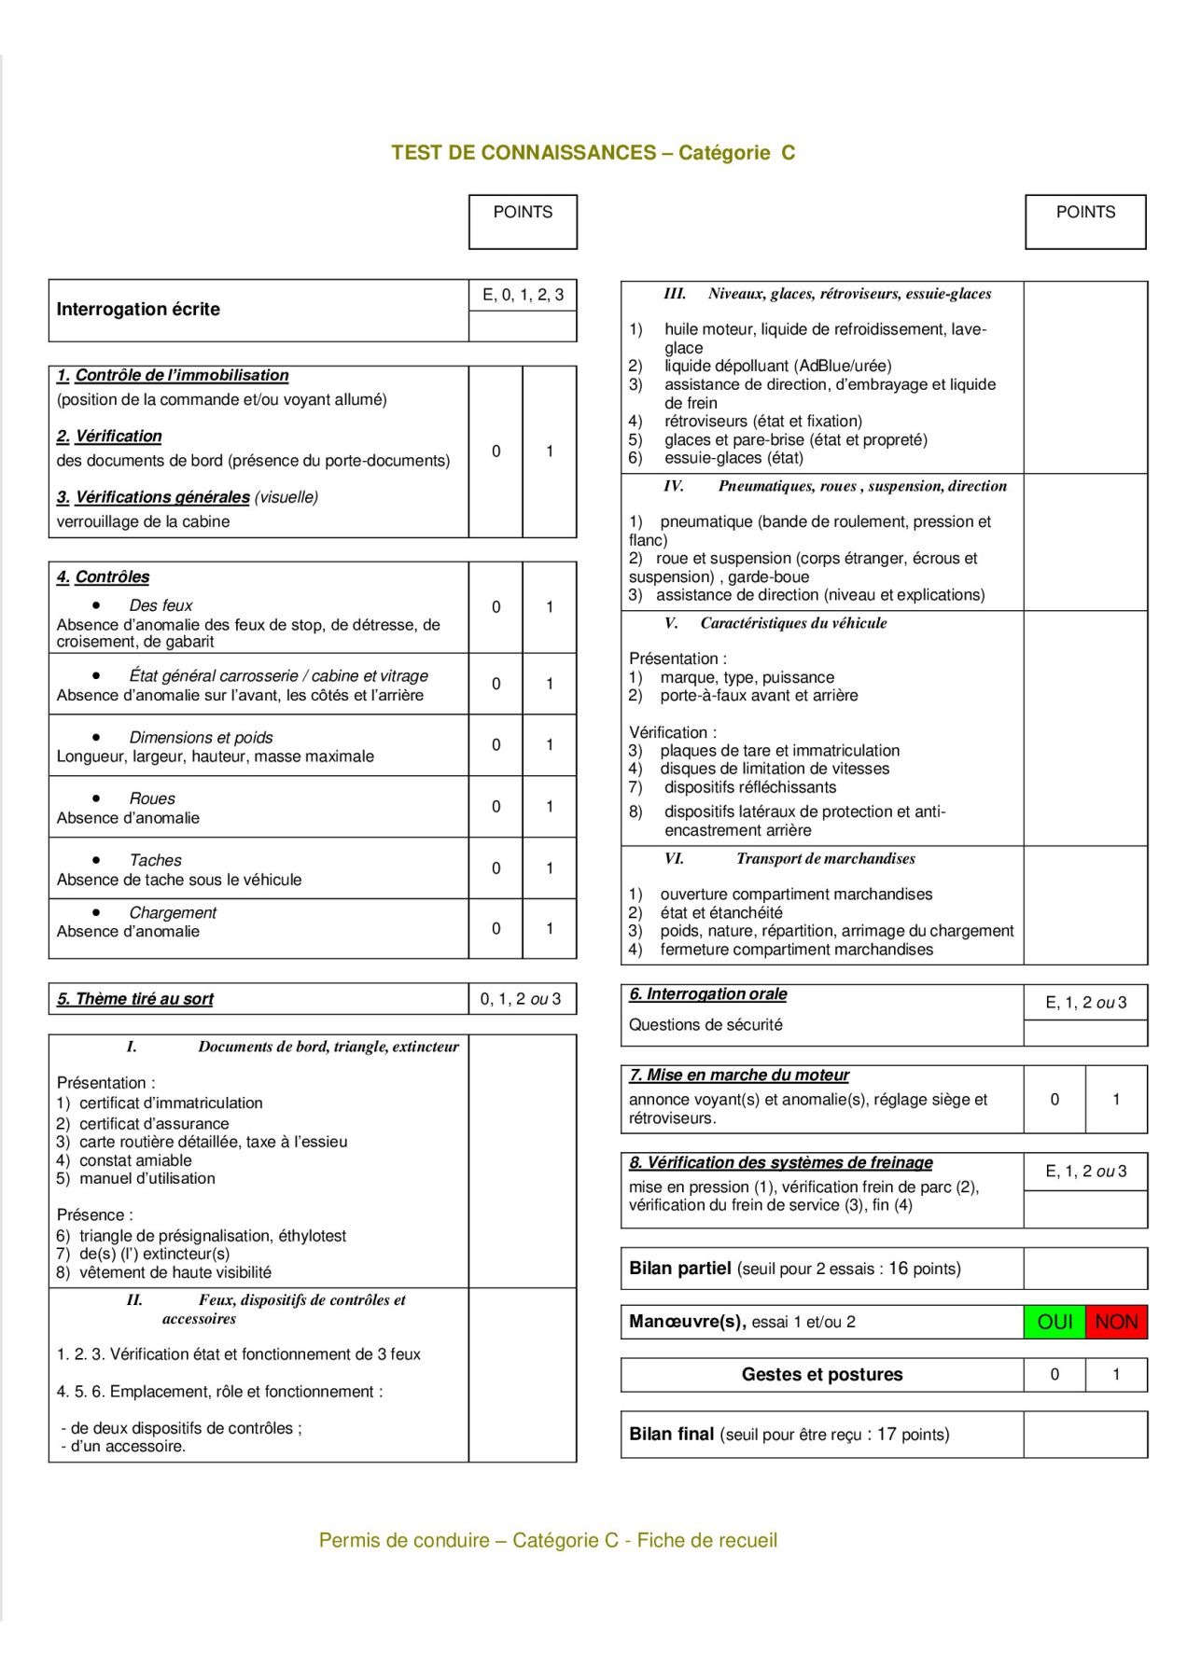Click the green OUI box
(1054, 1322)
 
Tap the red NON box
(1116, 1322)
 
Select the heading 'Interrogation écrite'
(138, 310)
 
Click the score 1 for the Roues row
(550, 807)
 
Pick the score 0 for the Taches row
(496, 868)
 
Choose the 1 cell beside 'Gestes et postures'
(1116, 1374)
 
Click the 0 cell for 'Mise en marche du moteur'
(1054, 1100)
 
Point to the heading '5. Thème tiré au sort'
(135, 999)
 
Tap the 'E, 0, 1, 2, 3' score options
(523, 296)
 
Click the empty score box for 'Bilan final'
(1085, 1434)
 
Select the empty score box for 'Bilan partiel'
(1085, 1269)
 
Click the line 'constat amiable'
(135, 1160)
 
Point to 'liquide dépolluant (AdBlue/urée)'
(777, 366)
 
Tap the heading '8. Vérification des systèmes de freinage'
(781, 1163)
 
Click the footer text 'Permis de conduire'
(404, 1540)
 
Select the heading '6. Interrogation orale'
(708, 994)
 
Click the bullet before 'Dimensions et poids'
(96, 737)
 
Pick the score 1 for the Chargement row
(550, 929)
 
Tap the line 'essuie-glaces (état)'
(733, 458)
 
